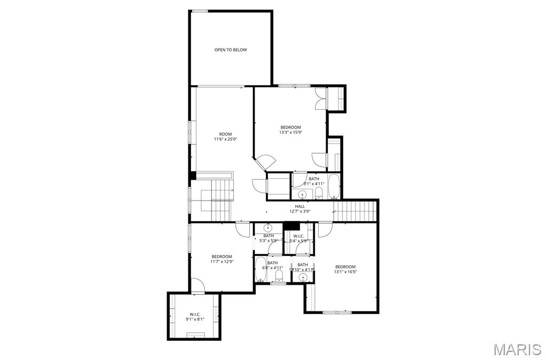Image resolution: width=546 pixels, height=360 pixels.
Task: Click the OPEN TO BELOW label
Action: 231,50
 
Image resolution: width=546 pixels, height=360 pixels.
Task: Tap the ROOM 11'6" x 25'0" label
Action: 225,137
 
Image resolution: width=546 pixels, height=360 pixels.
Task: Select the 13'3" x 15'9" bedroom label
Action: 291,130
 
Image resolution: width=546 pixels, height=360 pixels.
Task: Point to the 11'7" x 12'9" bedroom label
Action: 221,259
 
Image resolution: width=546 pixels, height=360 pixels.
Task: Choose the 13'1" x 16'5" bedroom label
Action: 345,269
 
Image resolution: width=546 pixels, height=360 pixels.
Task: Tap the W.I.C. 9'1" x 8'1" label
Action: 195,316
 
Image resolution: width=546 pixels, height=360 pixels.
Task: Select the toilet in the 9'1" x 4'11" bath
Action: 319,193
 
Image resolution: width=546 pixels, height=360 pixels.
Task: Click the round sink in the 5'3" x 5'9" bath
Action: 268,227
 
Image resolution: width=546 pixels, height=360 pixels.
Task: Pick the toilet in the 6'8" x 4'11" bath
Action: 279,275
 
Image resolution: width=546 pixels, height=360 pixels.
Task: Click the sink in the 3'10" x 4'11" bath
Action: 303,277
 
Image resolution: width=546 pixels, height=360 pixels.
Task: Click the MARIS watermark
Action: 517,349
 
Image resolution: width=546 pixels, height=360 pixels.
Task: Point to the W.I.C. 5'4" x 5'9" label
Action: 298,238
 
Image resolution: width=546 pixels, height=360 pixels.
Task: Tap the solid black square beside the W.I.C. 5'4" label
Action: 291,226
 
